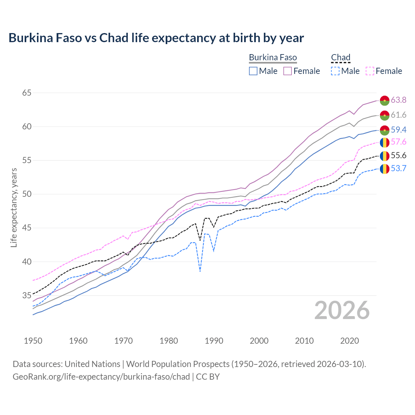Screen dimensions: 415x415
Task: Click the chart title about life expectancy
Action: tap(156, 38)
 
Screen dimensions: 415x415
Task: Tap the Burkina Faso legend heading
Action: tap(273, 58)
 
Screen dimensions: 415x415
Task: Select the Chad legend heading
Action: tap(340, 58)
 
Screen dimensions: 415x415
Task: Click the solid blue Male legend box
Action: tap(253, 71)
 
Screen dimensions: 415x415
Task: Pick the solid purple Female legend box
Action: tap(288, 71)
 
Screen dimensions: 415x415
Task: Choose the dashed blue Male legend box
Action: tap(335, 71)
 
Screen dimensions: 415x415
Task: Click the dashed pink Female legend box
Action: tap(370, 71)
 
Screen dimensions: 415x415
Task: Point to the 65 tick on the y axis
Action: tap(27, 93)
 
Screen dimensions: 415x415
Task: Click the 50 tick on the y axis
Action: tap(27, 194)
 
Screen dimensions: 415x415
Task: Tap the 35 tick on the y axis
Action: tap(27, 295)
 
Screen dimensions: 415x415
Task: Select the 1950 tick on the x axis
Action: tap(33, 341)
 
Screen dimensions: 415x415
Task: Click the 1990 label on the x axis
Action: tap(214, 341)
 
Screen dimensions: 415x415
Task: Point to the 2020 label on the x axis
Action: tap(350, 341)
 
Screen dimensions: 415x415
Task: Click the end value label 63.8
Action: tap(398, 100)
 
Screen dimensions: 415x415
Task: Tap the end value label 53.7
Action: tap(398, 169)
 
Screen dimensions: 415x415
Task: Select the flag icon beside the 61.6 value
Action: tap(385, 115)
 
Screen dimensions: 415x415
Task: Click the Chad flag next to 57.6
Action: tap(385, 142)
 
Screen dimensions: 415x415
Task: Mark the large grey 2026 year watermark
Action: tap(342, 310)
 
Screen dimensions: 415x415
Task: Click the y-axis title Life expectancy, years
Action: tap(14, 207)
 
